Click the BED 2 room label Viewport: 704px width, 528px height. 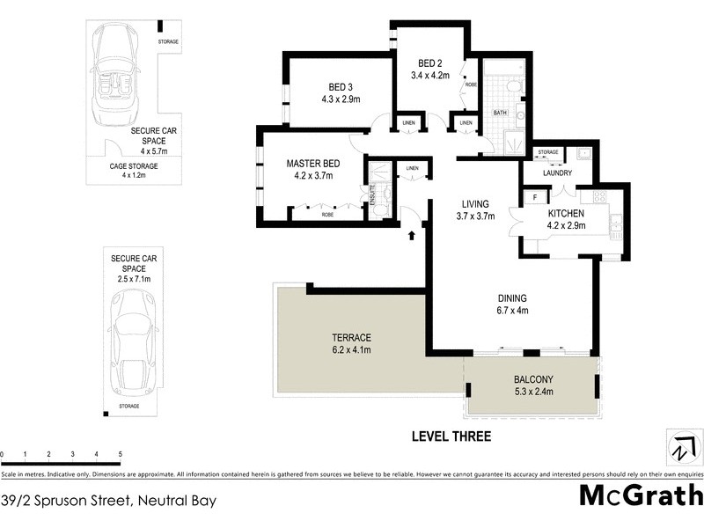coord(429,63)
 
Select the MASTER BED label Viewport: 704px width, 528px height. coord(312,163)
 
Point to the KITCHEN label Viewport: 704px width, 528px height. coord(567,214)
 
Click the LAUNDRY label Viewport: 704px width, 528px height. coord(558,172)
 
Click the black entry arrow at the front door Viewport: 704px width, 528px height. coord(411,234)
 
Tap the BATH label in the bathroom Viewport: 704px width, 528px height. coord(500,113)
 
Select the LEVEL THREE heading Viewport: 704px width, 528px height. coord(450,436)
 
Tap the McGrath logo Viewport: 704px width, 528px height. coord(640,495)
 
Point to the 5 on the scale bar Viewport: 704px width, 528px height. coord(119,454)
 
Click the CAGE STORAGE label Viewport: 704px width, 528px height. coord(134,165)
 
